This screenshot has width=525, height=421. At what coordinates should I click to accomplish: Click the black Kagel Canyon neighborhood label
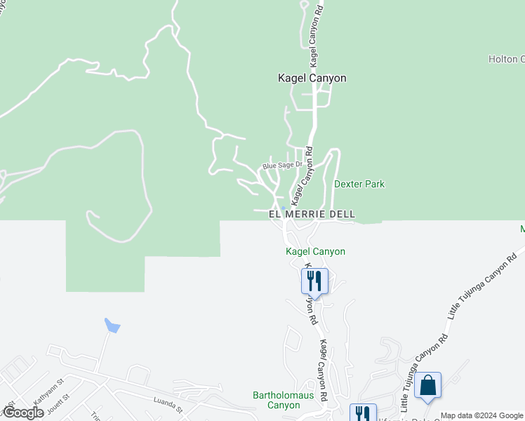tap(312, 79)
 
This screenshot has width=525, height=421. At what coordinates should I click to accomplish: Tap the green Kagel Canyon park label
tap(315, 251)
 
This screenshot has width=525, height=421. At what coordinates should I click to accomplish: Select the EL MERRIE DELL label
tap(312, 214)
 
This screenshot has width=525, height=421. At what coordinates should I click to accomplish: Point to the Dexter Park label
tap(359, 185)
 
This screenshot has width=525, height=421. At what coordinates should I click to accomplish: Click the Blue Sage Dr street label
tap(281, 166)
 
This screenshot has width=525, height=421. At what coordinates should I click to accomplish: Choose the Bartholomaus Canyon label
tap(277, 400)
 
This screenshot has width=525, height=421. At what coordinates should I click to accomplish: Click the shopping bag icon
tap(427, 386)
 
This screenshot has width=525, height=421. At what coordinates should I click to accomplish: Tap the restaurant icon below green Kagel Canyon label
tap(314, 281)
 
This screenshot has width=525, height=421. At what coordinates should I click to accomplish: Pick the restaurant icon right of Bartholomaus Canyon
tap(362, 414)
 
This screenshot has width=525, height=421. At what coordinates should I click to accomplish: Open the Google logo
tap(22, 413)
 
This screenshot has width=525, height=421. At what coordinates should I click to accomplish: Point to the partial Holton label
tap(506, 60)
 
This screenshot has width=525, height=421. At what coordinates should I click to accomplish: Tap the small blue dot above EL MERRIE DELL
tap(282, 208)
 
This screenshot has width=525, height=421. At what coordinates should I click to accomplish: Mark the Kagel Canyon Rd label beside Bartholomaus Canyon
tap(324, 370)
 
